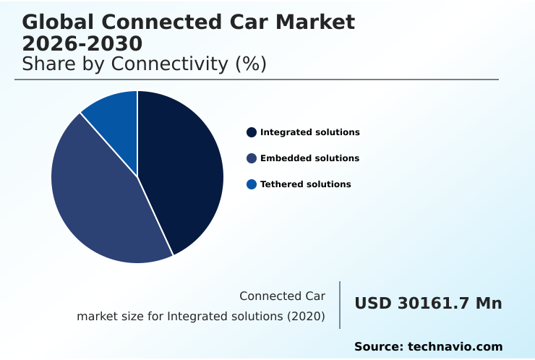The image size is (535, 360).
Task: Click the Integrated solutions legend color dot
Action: [252, 132]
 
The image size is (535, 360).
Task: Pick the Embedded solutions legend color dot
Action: [252, 158]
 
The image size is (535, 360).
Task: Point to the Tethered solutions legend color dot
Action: [252, 184]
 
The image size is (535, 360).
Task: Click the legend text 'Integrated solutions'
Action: [309, 132]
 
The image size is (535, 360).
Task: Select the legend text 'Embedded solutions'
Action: [309, 158]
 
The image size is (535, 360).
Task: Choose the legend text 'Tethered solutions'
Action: [305, 184]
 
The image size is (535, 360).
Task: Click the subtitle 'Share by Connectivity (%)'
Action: [145, 64]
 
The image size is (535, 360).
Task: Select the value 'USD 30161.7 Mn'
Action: [428, 304]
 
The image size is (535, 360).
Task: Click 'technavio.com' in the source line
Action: [455, 347]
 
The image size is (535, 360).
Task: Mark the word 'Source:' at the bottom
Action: [378, 347]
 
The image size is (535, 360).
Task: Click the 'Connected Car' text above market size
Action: [282, 296]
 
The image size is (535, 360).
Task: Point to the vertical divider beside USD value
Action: [340, 305]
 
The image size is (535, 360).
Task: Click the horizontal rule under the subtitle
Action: [257, 80]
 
